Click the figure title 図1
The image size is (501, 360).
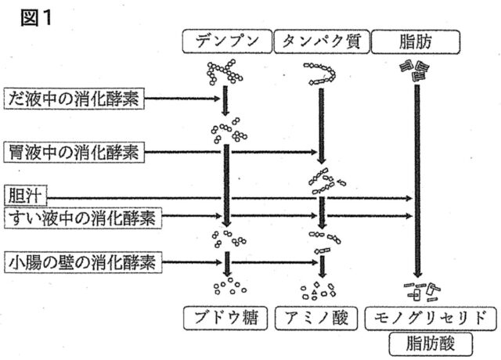coord(36,17)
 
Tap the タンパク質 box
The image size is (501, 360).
coord(321,41)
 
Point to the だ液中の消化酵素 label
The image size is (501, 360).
coord(77,99)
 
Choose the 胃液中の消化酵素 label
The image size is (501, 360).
coord(77,152)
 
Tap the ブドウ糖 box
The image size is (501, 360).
coord(226,318)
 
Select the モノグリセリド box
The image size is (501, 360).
coord(421,318)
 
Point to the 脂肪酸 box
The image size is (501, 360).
coord(420,342)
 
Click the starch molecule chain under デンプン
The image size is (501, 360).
coord(225,72)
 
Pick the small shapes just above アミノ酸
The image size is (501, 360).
coord(319,290)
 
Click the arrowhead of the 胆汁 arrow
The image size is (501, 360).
coord(409,199)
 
